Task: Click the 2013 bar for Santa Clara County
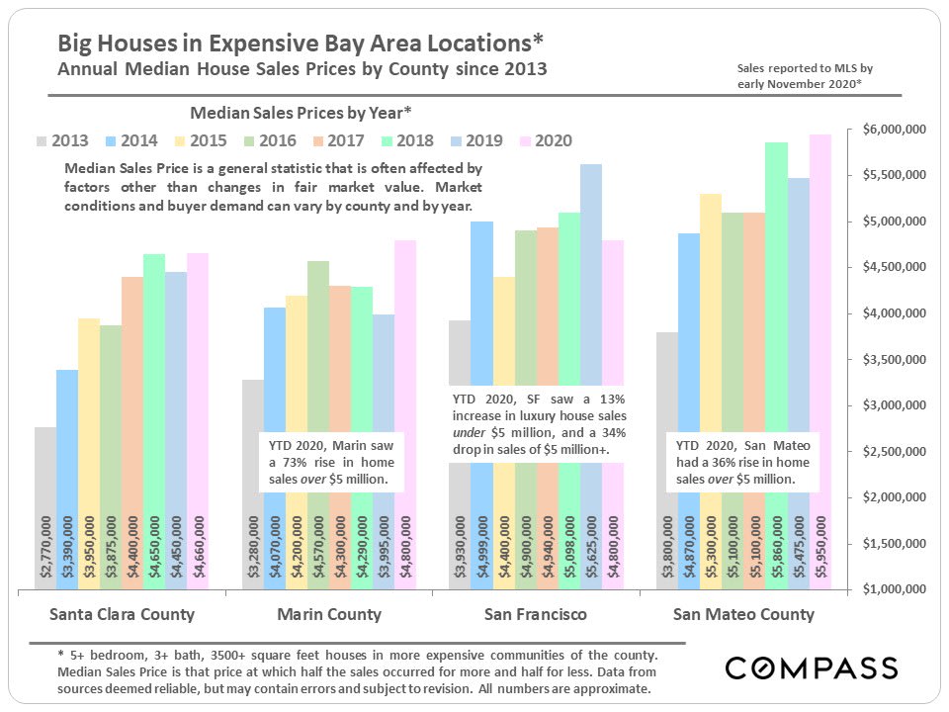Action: (x=45, y=475)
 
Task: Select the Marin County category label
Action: (x=329, y=614)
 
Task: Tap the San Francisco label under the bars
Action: (x=536, y=614)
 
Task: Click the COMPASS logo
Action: (x=811, y=667)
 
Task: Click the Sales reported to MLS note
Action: (x=805, y=76)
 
